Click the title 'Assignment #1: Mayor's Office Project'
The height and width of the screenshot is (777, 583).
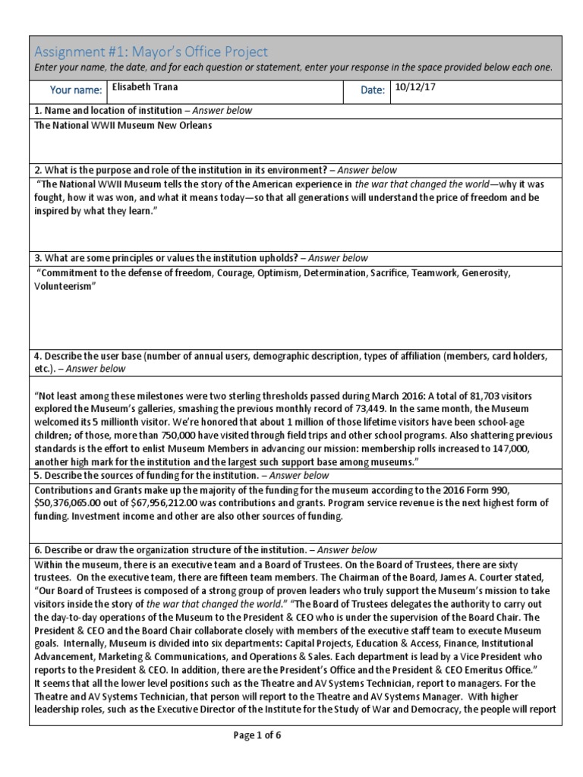coord(151,52)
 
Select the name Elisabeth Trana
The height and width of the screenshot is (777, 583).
coord(145,87)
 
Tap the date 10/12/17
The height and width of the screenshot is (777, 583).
coord(415,87)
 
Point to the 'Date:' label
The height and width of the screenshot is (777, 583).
coord(373,90)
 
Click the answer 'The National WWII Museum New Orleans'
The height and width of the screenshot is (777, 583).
coord(123,125)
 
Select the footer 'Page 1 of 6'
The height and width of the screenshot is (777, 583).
coord(257,735)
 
